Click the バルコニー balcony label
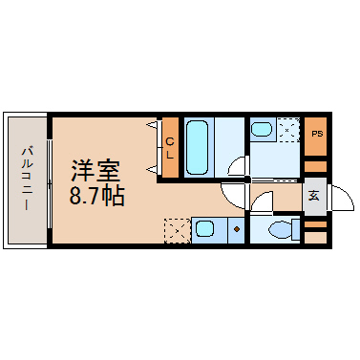pos(28,179)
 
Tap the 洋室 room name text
pos(95,171)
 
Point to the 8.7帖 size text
pos(96,196)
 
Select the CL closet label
pos(170,148)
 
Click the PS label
pos(317,134)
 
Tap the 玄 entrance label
pos(314,196)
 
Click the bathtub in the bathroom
pos(197,147)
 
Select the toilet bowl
pos(280,229)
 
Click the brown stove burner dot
pos(237,229)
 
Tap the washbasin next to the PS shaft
pos(262,129)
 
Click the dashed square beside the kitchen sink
pos(178,231)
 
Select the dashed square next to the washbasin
pos(288,130)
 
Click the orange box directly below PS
pos(316,166)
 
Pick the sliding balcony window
pos(50,183)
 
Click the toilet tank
pos(296,229)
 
